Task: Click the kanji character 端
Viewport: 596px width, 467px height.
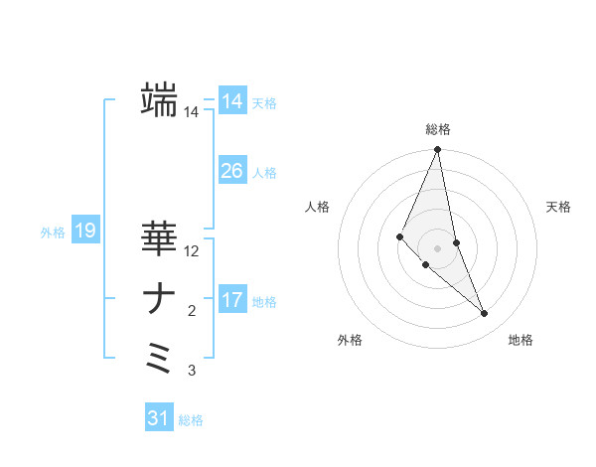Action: tap(159, 100)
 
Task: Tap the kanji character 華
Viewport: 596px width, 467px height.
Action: tap(159, 238)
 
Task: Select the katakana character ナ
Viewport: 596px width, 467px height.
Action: tap(159, 299)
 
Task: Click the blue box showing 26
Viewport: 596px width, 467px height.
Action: tap(231, 171)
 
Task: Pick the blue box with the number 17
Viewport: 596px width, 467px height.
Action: tap(231, 299)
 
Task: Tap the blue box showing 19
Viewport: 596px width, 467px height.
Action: tap(84, 232)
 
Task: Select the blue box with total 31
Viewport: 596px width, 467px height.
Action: tap(158, 418)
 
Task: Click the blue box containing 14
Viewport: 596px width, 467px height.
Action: tap(231, 101)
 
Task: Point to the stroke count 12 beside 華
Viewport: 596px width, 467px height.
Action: tap(192, 252)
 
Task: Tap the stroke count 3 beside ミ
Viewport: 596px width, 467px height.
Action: tap(192, 372)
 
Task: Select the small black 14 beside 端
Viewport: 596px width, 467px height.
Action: tap(192, 113)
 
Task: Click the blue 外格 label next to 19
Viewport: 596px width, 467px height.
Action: tap(53, 233)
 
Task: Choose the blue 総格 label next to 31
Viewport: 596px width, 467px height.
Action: tap(191, 420)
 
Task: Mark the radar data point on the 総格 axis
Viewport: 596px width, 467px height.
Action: tap(437, 150)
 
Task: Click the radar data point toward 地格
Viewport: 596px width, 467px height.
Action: tap(485, 314)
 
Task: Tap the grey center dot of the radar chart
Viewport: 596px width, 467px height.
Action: tap(437, 247)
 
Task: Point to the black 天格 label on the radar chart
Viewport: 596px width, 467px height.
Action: tap(559, 207)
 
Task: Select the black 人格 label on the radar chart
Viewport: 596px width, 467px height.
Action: tap(317, 207)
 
